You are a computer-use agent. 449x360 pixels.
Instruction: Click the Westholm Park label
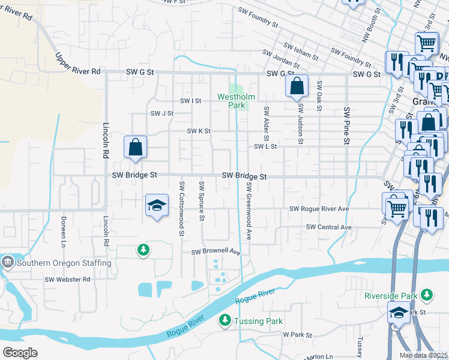point(236,100)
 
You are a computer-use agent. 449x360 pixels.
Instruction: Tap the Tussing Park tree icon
point(225,321)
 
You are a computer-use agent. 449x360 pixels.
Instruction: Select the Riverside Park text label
point(390,295)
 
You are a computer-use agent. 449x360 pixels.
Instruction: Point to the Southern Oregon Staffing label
point(64,263)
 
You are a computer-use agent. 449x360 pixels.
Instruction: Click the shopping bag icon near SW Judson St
point(297,86)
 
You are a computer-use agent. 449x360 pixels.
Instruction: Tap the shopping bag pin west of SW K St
point(136,147)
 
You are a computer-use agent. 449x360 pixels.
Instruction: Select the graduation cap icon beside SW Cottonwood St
point(156,205)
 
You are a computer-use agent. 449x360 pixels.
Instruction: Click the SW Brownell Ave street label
point(215,252)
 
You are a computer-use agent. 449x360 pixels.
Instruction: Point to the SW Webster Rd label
point(67,280)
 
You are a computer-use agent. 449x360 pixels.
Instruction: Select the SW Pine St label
point(346,126)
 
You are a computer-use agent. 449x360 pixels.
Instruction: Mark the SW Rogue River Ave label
point(319,209)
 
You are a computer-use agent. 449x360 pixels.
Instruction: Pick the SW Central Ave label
point(328,227)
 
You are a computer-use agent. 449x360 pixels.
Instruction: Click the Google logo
point(20,352)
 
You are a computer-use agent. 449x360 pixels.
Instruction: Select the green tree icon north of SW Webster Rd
point(143,249)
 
